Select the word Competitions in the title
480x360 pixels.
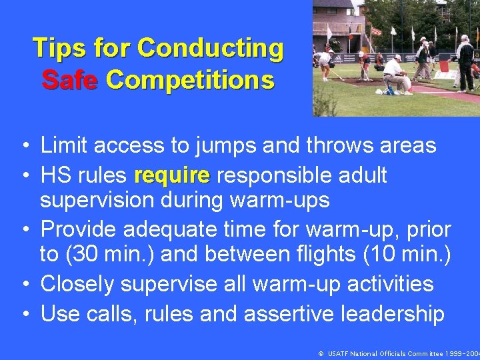pos(190,80)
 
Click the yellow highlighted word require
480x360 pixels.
pos(171,175)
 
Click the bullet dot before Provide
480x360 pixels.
pos(24,230)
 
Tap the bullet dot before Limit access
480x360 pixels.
pos(24,145)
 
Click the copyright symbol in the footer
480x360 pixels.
pos(321,353)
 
